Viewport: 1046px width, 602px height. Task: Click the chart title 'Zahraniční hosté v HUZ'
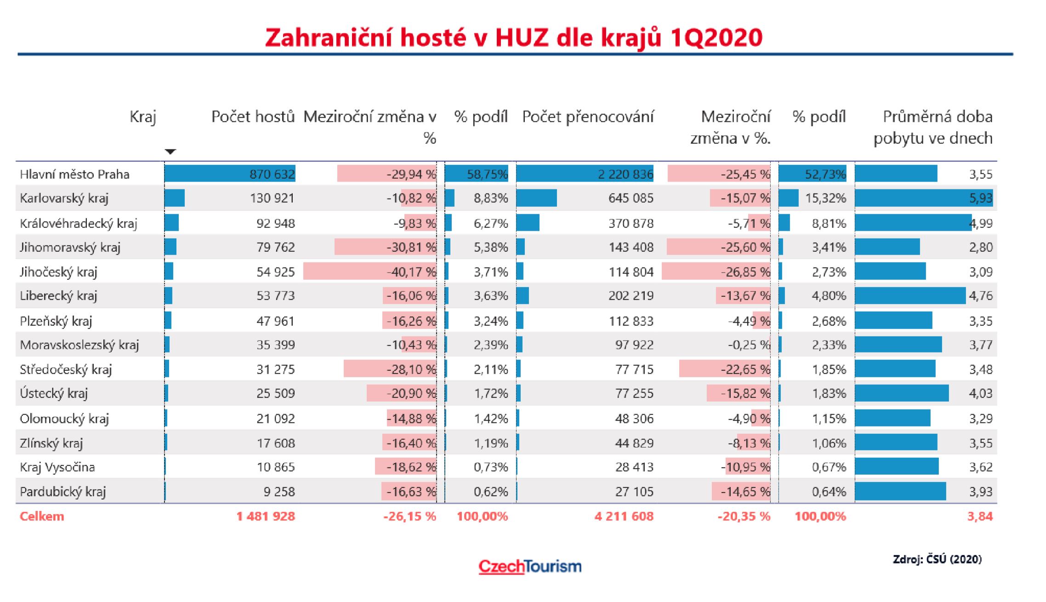(x=513, y=38)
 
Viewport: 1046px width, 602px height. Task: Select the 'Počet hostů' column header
(x=253, y=117)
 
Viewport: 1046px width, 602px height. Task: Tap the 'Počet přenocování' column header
(x=588, y=117)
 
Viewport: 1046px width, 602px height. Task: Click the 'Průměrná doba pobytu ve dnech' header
(x=933, y=127)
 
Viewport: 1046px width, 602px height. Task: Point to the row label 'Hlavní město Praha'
(x=75, y=174)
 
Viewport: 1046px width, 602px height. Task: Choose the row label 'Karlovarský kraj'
(x=64, y=198)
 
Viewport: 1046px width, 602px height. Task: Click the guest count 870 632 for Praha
(x=272, y=174)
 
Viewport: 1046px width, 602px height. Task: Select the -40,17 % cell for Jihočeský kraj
(x=411, y=272)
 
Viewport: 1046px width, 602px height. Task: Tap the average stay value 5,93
(x=981, y=198)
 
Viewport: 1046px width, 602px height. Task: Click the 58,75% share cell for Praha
(x=487, y=174)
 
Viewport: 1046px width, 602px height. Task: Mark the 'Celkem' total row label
(x=42, y=516)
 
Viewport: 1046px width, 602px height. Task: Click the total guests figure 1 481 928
(x=266, y=516)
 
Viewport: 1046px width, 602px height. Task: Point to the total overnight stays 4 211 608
(x=624, y=516)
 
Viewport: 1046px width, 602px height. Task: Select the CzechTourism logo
(x=530, y=566)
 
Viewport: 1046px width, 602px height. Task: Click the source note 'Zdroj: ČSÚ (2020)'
(x=937, y=559)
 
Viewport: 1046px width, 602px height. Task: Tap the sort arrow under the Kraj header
(x=171, y=152)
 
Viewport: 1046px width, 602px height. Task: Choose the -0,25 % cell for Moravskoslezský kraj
(x=749, y=345)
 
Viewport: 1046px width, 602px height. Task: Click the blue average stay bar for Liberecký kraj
(x=910, y=295)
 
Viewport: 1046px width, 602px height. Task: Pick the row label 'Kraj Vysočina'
(x=57, y=467)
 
